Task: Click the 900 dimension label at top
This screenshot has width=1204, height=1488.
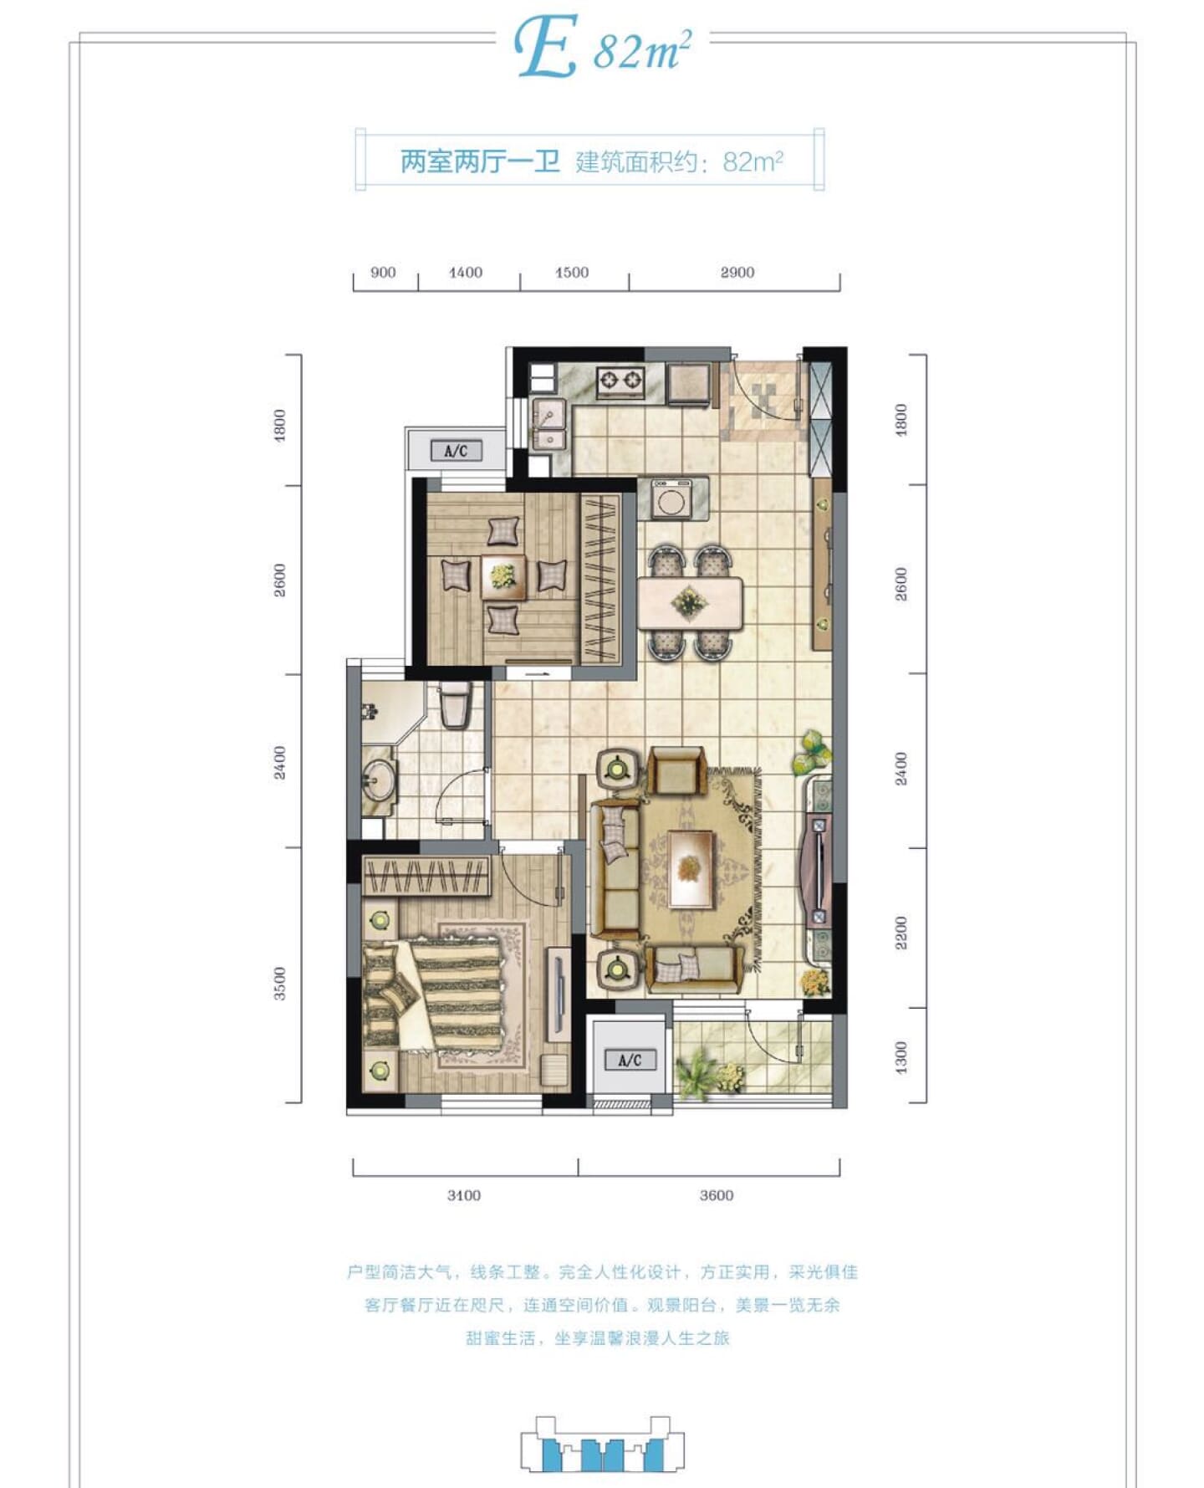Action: click(383, 272)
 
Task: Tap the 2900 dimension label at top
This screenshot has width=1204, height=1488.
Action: click(737, 272)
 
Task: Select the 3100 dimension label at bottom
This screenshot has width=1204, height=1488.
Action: click(464, 1195)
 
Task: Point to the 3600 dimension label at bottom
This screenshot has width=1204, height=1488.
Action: click(717, 1195)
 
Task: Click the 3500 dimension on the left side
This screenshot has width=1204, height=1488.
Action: click(279, 984)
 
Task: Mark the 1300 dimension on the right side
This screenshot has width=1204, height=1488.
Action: click(900, 1057)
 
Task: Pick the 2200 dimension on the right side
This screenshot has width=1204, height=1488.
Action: click(900, 933)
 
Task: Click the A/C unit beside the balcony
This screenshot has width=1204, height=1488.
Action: click(630, 1061)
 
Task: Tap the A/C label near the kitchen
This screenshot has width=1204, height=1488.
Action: click(456, 452)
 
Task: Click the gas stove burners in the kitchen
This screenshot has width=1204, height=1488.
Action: click(620, 381)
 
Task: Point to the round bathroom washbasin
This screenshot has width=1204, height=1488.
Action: click(379, 780)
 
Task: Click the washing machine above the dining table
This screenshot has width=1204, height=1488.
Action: click(671, 499)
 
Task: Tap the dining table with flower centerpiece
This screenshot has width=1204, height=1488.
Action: click(690, 602)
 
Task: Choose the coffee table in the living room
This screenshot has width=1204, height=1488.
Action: click(691, 867)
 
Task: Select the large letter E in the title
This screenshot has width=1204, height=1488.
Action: click(545, 48)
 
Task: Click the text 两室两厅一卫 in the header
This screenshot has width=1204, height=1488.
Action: click(480, 161)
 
